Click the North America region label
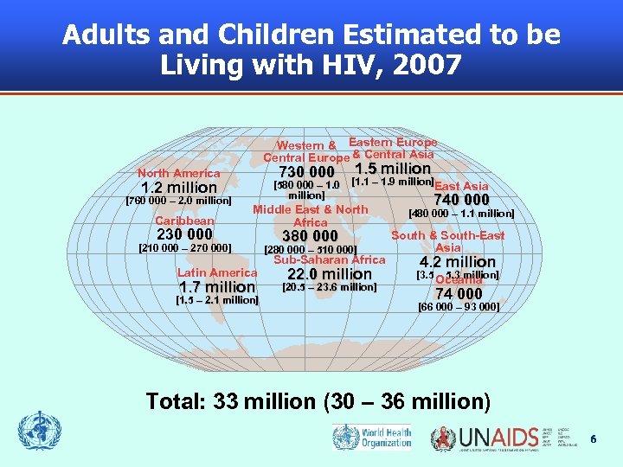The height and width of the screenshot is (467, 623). tap(178, 173)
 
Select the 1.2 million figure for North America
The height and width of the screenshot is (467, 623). tap(179, 188)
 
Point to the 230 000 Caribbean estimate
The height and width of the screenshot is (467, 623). tap(184, 234)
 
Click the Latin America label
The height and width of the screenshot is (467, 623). tap(217, 272)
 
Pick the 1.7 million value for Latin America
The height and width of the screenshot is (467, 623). tap(216, 287)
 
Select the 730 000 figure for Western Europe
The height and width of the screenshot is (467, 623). tap(306, 173)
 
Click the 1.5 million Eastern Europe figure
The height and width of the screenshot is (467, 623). tap(393, 169)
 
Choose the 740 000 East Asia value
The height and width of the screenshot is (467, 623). tap(461, 200)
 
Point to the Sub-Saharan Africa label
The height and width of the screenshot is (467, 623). tap(330, 259)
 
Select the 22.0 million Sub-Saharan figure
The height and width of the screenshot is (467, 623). tap(330, 274)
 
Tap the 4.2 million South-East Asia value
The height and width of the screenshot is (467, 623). tap(458, 262)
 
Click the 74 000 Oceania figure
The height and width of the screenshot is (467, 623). tap(459, 294)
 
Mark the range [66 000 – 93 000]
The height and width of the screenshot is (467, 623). tap(459, 307)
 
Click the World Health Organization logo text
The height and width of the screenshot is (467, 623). tap(387, 437)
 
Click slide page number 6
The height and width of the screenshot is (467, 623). tap(594, 439)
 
